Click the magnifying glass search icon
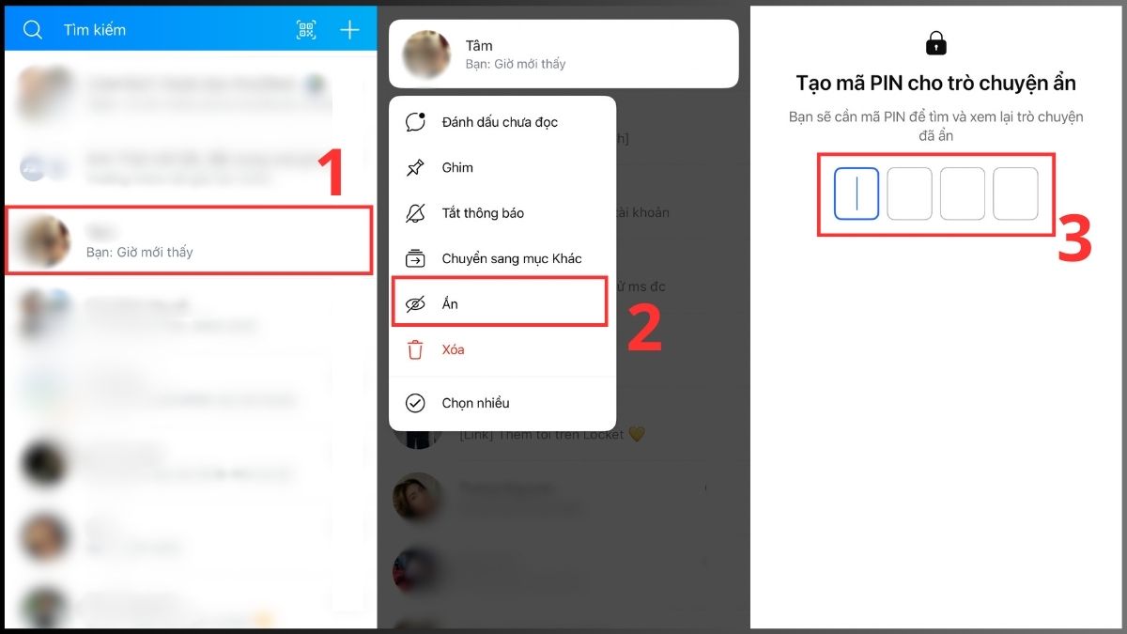coord(33,30)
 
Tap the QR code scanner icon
coord(306,30)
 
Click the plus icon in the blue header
coord(349,30)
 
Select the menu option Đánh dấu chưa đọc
coord(500,122)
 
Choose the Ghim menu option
coord(457,168)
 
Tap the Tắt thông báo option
coord(483,213)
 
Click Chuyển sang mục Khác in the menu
coord(512,258)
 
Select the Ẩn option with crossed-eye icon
coord(450,304)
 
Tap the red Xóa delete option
coord(453,349)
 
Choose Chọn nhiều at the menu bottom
coord(475,403)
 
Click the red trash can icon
coord(415,350)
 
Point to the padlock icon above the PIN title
coord(935,43)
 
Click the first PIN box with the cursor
coord(857,193)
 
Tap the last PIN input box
coord(1015,193)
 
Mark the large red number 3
coord(1074,240)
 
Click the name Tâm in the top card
coord(479,46)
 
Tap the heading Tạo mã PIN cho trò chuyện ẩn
coord(935,83)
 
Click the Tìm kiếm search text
coord(95,30)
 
